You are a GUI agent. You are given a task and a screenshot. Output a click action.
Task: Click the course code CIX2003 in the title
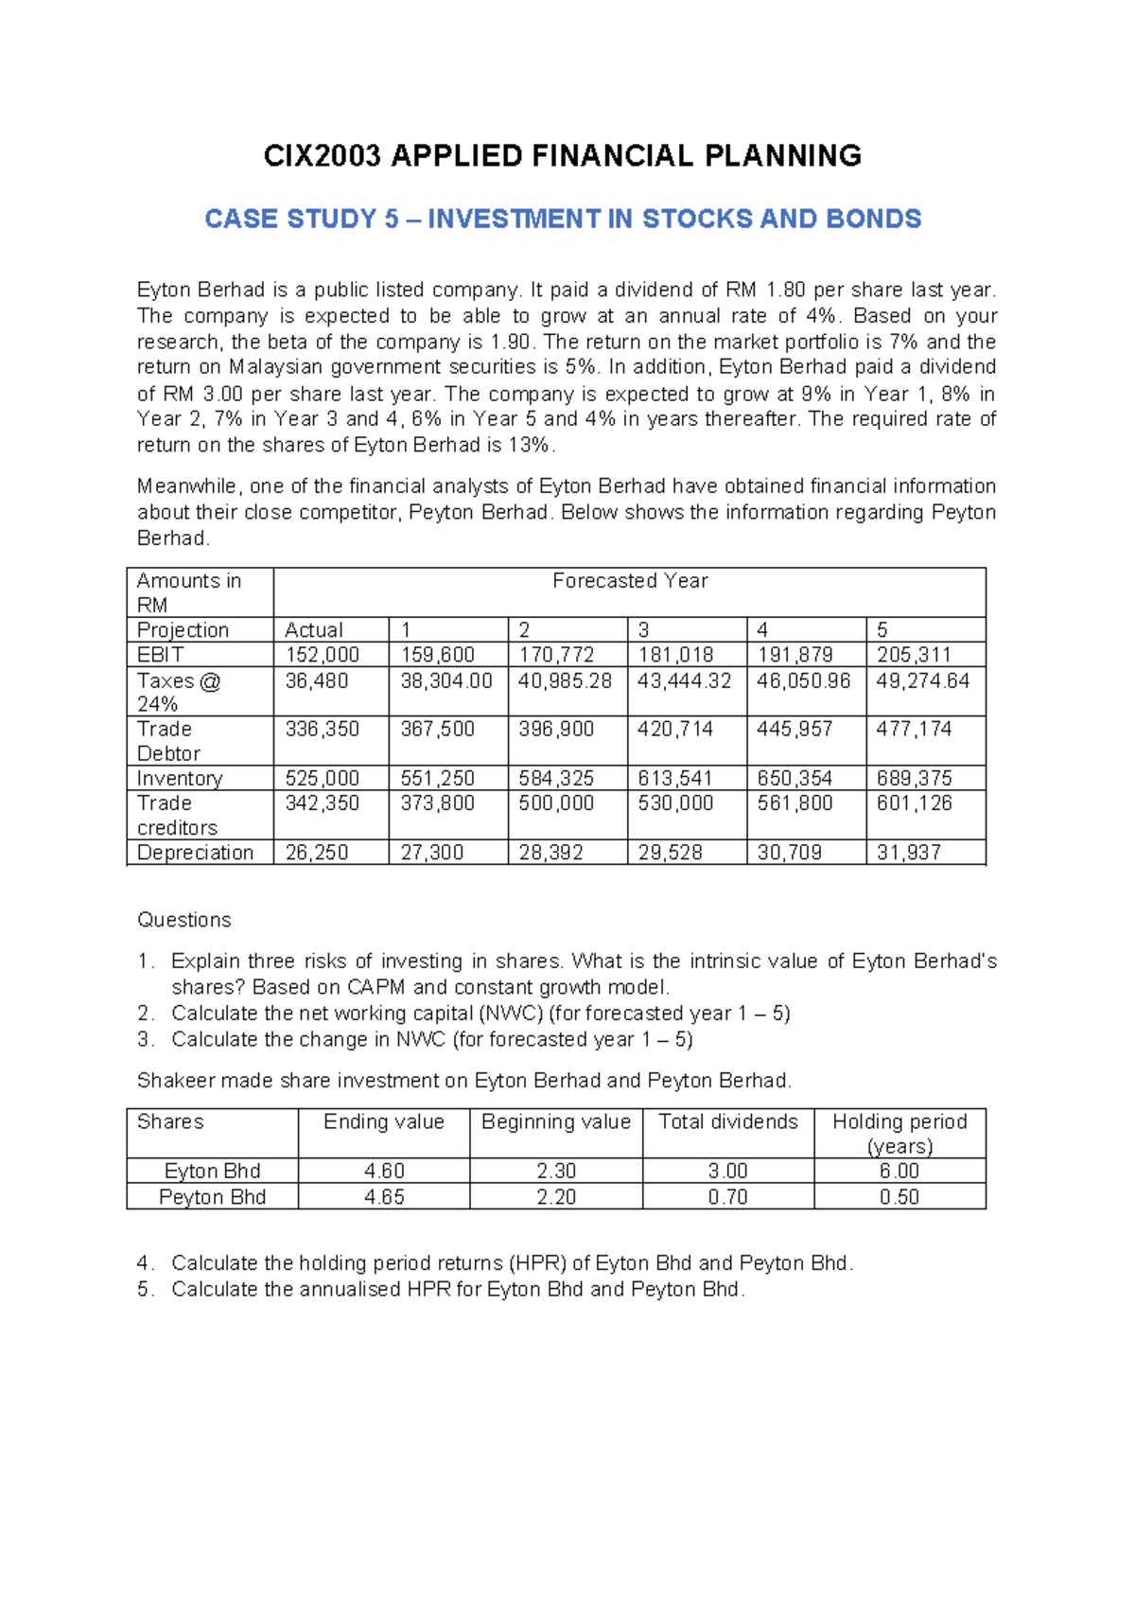click(323, 156)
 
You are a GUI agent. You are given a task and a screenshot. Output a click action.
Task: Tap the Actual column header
click(314, 630)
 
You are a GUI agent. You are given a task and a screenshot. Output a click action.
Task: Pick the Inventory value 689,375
click(914, 779)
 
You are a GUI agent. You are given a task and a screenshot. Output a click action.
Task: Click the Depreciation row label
click(195, 853)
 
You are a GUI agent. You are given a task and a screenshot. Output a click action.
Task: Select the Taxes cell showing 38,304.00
click(446, 681)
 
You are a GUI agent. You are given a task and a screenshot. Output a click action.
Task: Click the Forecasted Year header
click(630, 581)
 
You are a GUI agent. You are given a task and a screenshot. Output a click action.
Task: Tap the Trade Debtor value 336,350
click(323, 730)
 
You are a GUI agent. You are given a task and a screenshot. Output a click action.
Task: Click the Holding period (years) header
click(899, 1134)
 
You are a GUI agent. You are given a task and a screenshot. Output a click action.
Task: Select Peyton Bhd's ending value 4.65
click(384, 1197)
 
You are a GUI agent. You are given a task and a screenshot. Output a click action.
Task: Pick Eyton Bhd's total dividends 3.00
click(728, 1172)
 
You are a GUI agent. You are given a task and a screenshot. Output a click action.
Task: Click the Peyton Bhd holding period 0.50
click(899, 1197)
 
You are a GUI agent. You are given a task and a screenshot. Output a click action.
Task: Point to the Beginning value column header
click(556, 1122)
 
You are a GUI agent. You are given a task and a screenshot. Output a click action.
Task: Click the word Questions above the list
click(184, 920)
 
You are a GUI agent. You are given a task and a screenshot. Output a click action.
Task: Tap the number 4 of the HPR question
click(143, 1263)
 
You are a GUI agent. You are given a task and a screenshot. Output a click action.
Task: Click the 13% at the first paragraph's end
click(530, 446)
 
